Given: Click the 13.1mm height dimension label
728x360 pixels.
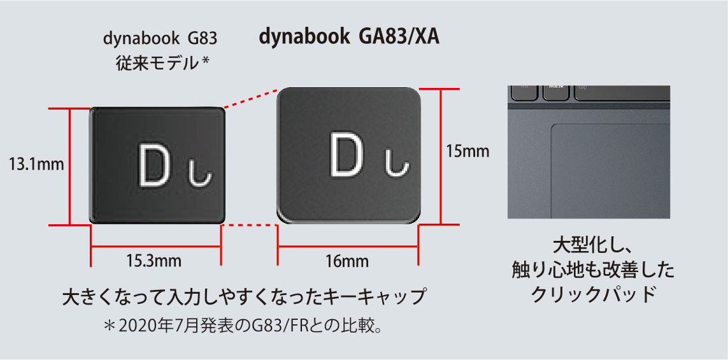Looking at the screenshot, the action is click(36, 164).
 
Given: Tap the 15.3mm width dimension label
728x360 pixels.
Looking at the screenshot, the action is click(154, 261).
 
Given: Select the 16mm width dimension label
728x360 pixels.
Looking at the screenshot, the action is click(348, 261).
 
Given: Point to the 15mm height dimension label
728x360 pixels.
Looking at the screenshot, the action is click(467, 152).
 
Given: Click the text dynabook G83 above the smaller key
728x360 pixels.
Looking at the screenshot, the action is click(160, 39).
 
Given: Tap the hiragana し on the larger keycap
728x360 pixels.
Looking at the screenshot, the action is click(397, 165).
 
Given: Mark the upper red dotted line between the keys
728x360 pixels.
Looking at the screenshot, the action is click(251, 98).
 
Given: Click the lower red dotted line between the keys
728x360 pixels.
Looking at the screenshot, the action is click(250, 226).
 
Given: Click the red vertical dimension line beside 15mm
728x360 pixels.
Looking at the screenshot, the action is click(439, 157).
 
